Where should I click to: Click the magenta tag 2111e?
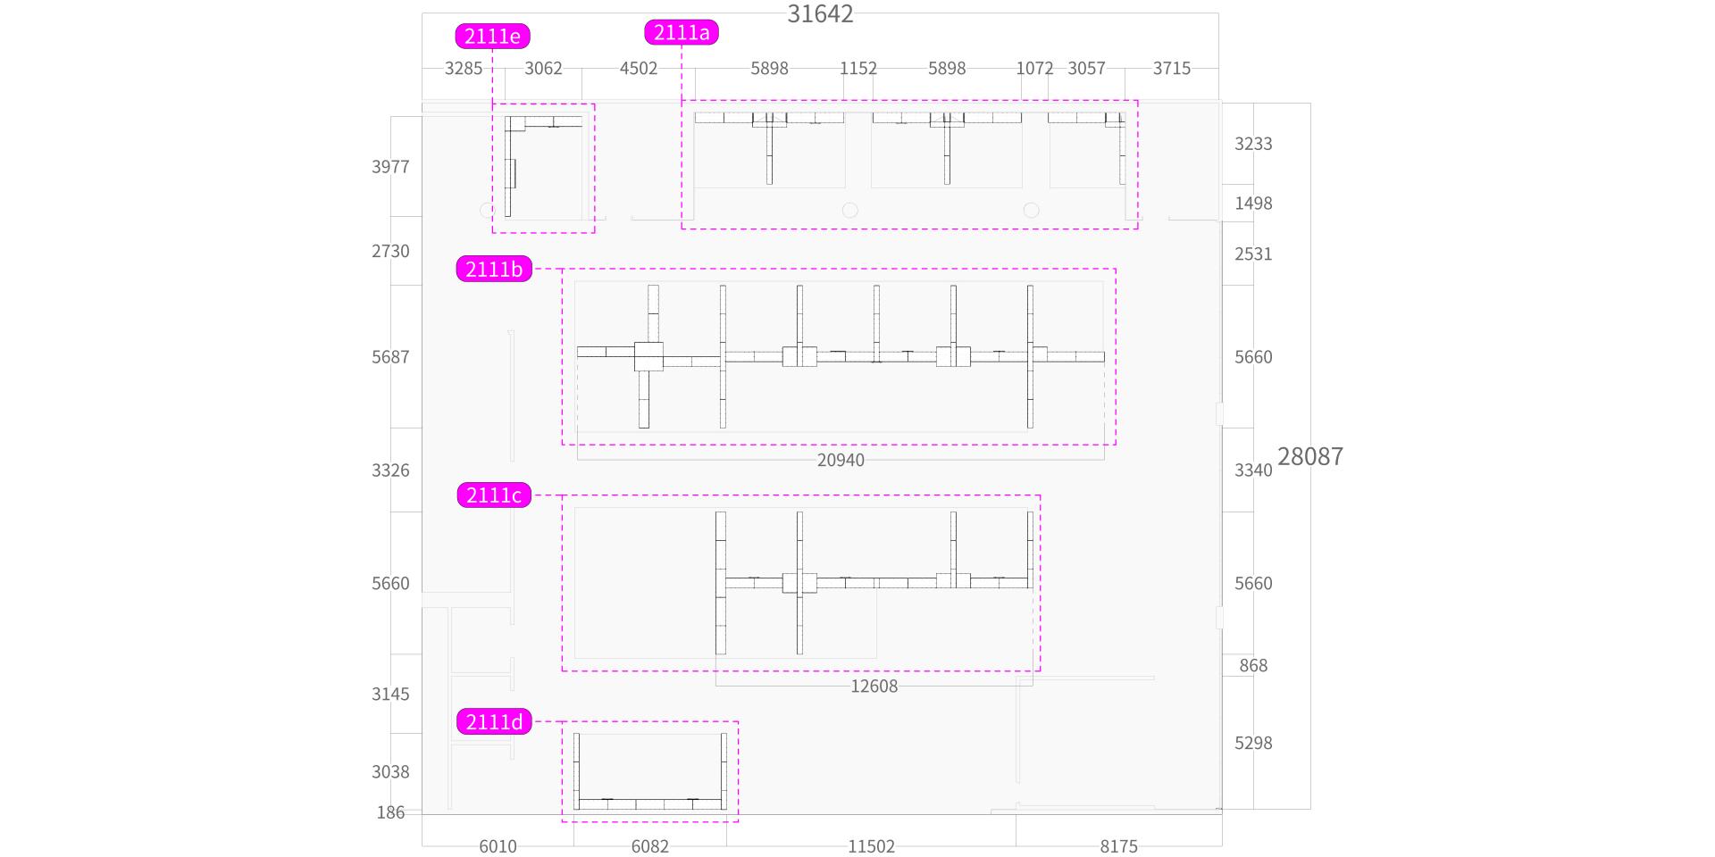click(492, 37)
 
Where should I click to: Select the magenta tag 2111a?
click(682, 33)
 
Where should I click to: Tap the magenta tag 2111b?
click(494, 269)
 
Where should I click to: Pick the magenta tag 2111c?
click(494, 495)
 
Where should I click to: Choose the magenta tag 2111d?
click(494, 722)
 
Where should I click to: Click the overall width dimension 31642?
click(820, 14)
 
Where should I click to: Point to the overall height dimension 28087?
click(1309, 456)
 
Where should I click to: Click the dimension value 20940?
click(841, 460)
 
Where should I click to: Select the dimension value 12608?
click(874, 686)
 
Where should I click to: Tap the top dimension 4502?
click(638, 69)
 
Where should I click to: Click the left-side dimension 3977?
click(390, 167)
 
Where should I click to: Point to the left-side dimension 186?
click(390, 812)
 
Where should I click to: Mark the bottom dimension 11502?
click(871, 846)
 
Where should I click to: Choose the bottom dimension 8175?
click(1118, 846)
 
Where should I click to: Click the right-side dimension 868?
click(1253, 665)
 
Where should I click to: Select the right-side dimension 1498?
click(1253, 204)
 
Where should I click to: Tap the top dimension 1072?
click(1034, 69)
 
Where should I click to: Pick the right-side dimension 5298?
click(1253, 743)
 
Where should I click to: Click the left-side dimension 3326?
click(390, 470)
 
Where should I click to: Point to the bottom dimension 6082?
click(649, 846)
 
